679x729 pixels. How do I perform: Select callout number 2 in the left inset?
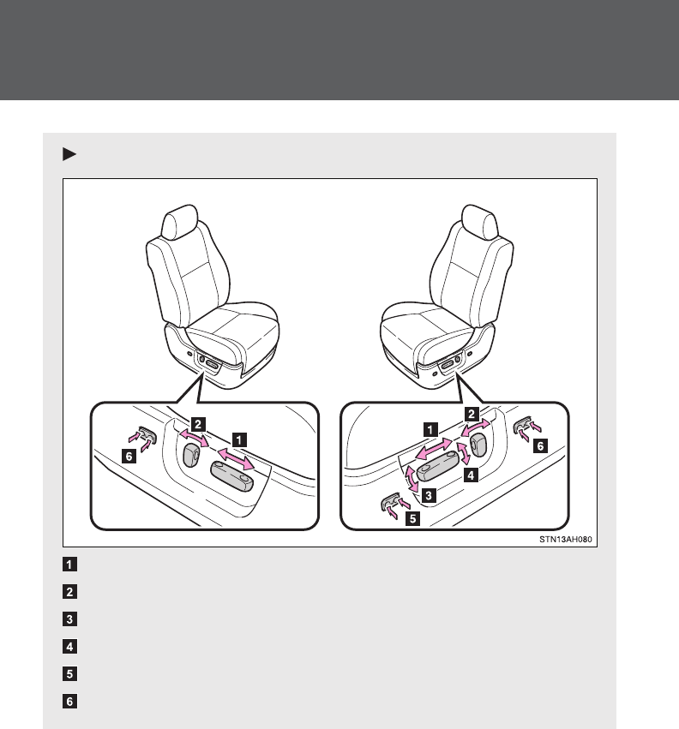tap(197, 422)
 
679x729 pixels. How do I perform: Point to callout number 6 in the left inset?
tap(129, 457)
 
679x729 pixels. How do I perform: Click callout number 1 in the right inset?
tap(430, 426)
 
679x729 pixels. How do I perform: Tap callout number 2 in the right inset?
tap(472, 411)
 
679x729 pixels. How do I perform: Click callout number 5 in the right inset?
tap(412, 518)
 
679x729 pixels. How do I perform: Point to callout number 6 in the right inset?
tap(538, 445)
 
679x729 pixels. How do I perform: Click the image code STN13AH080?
tap(566, 541)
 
